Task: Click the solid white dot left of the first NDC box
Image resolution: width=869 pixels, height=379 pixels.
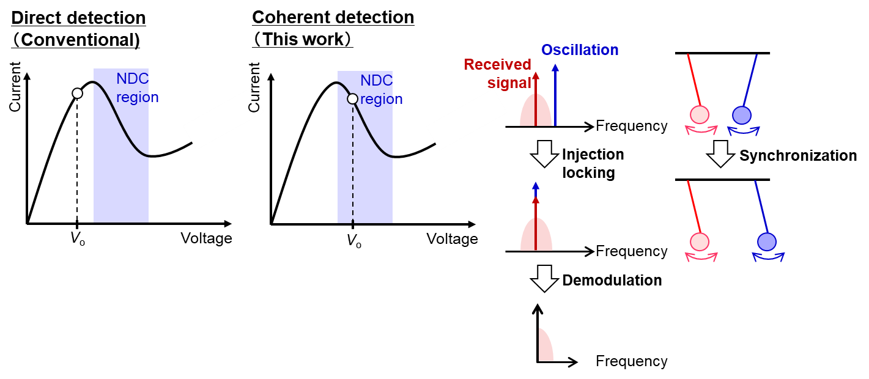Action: point(77,94)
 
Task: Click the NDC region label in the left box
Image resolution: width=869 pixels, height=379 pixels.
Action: point(137,88)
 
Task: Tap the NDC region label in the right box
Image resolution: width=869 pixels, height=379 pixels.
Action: point(381,90)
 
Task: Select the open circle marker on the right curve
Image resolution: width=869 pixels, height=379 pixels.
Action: point(352,98)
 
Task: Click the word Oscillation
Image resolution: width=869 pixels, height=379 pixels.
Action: point(580,50)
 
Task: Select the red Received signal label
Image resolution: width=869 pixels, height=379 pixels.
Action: point(497,73)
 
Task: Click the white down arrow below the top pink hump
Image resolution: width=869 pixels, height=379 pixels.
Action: point(544,153)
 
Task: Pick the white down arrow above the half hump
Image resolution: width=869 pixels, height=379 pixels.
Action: point(544,278)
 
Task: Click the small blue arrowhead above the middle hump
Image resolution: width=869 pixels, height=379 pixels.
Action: point(536,186)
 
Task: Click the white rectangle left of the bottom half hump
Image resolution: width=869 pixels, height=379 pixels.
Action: point(526,344)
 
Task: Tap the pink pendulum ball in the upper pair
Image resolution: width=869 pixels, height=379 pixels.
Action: point(700,114)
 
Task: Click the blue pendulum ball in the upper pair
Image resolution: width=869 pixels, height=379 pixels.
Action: point(742,115)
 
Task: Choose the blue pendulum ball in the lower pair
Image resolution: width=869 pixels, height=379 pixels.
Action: point(767,241)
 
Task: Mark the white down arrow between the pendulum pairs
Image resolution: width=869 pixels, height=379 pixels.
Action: point(720,153)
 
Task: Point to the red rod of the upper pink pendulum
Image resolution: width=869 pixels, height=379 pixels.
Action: point(693,79)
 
